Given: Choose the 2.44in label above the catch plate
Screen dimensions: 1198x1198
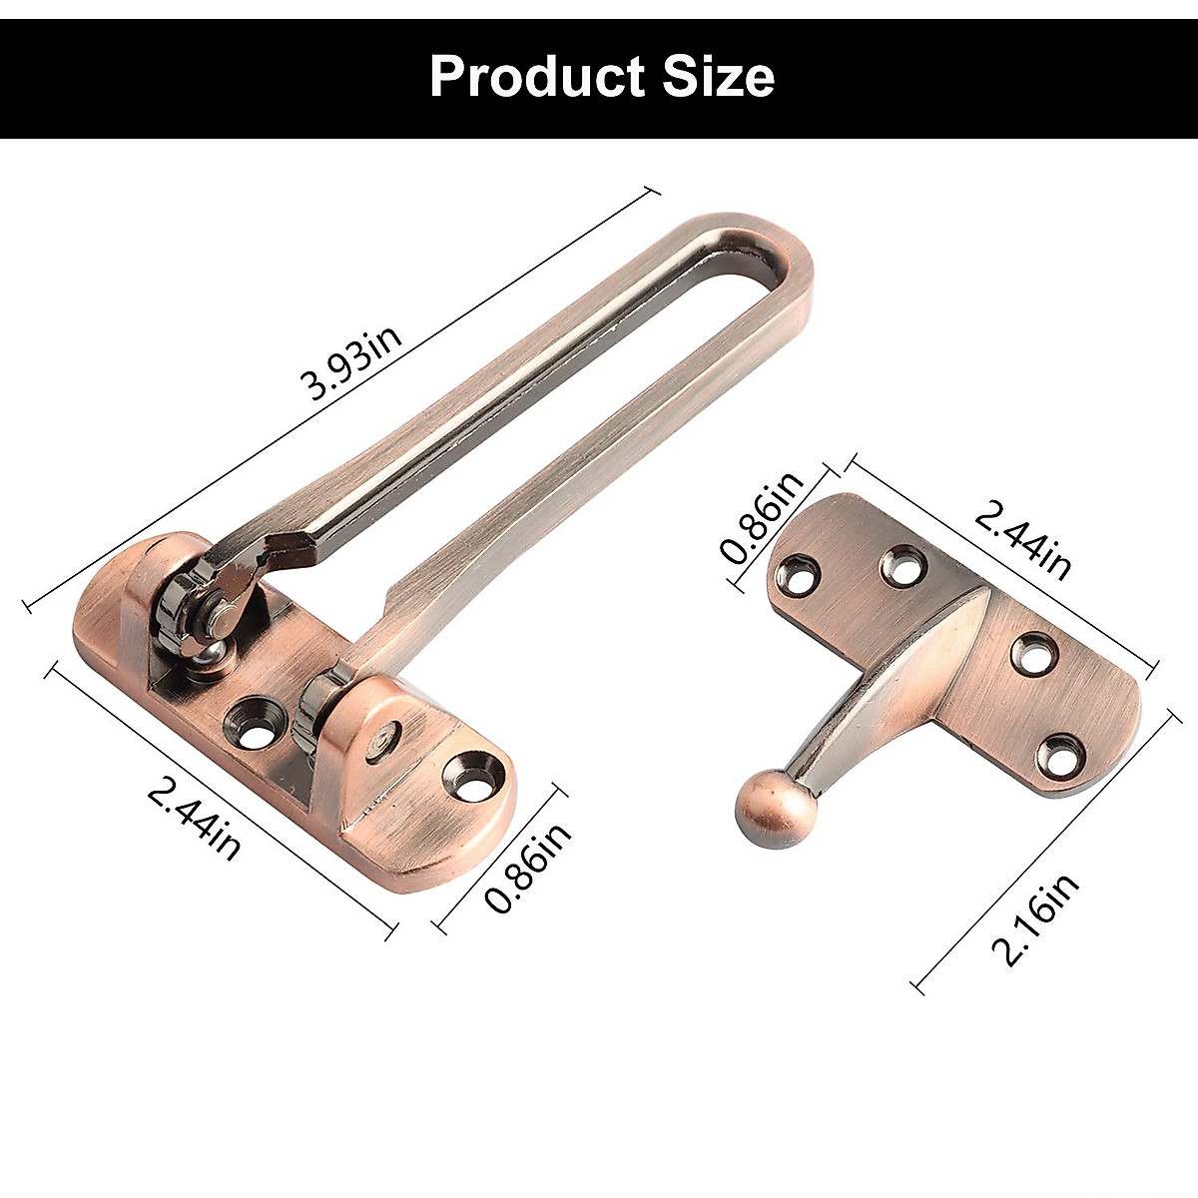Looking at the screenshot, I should (1023, 539).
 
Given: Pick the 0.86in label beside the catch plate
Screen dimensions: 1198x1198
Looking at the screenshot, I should (764, 518).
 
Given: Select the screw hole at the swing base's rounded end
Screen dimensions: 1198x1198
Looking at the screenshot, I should (467, 775).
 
